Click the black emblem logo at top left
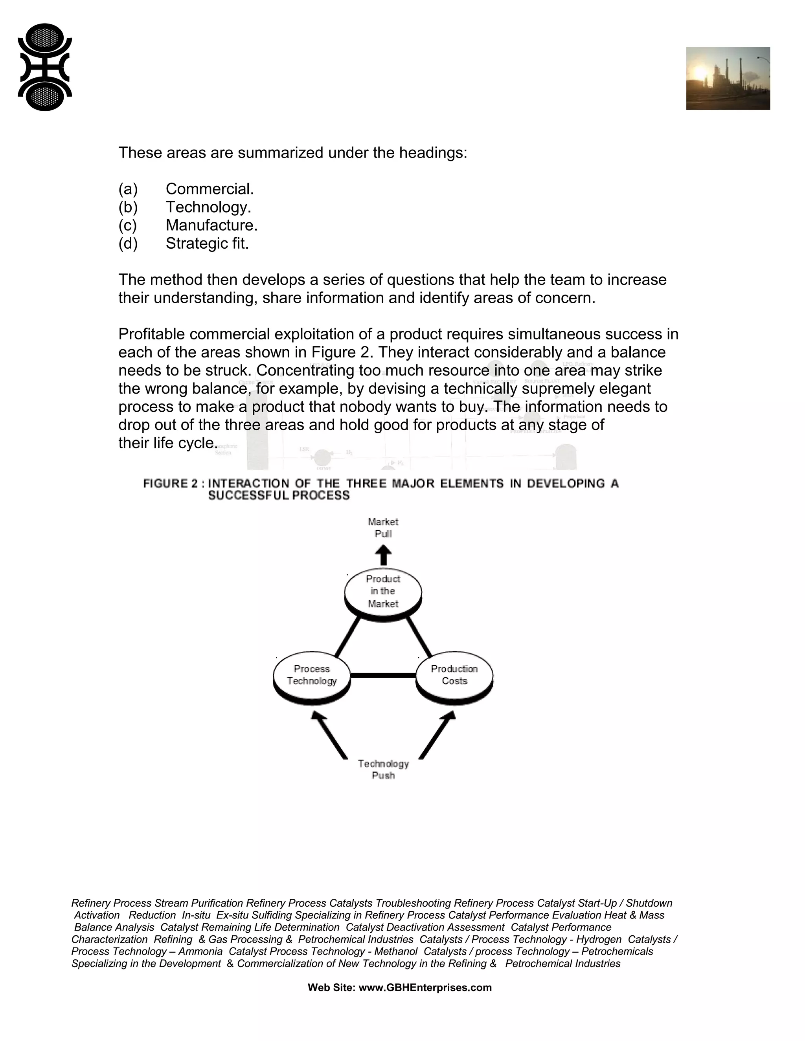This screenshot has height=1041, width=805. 45,67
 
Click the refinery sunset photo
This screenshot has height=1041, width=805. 728,78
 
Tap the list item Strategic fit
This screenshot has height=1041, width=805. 207,244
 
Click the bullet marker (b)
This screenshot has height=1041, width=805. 128,207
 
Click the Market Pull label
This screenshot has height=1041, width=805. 383,528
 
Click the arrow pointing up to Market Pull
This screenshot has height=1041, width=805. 383,555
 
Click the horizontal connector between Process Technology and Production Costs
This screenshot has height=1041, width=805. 383,675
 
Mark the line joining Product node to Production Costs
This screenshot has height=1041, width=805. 419,636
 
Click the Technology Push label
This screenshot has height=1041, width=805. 383,769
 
